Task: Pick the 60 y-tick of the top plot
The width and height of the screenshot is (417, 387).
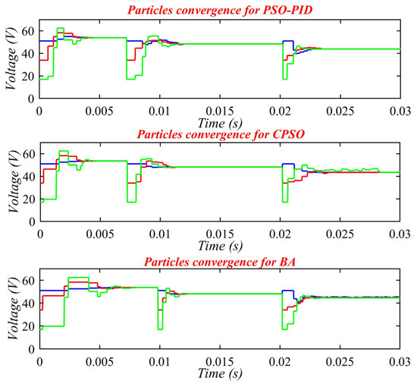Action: (x=30, y=31)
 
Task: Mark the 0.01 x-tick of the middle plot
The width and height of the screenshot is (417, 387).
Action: (x=160, y=236)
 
